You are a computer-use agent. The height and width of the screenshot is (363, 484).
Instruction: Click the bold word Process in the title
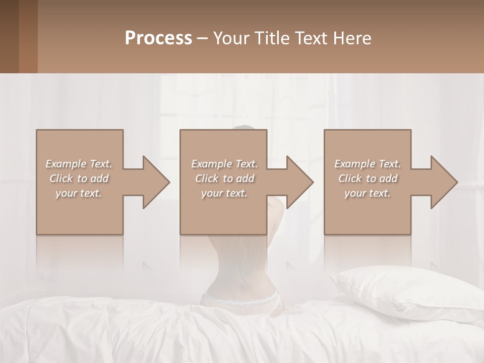(x=158, y=38)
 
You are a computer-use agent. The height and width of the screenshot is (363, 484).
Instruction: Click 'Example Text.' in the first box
(x=79, y=164)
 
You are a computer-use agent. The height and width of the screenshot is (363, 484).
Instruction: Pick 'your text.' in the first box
(x=79, y=193)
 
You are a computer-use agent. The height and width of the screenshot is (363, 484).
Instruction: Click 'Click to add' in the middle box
(x=224, y=178)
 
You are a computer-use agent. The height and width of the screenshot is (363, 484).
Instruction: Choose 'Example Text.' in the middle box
(x=224, y=164)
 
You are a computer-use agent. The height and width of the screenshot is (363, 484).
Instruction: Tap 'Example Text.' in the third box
(x=368, y=164)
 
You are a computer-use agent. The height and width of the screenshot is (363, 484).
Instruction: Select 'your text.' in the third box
(x=368, y=193)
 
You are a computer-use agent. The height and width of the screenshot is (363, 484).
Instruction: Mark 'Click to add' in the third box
(x=368, y=178)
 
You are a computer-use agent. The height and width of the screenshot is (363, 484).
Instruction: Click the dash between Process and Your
(x=203, y=39)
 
